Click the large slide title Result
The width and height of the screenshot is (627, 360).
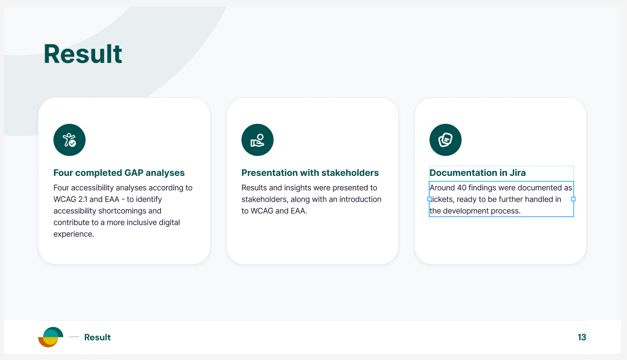pyautogui.click(x=83, y=54)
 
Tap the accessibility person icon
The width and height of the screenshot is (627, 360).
pyautogui.click(x=69, y=140)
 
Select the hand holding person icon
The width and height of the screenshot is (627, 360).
pyautogui.click(x=258, y=140)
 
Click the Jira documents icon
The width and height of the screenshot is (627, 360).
pyautogui.click(x=445, y=140)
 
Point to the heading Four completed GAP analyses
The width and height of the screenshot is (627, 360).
pyautogui.click(x=119, y=173)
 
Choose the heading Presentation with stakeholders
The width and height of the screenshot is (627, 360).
pyautogui.click(x=310, y=173)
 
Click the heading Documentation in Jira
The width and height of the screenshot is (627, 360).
pyautogui.click(x=478, y=173)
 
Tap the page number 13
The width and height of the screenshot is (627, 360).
pyautogui.click(x=582, y=337)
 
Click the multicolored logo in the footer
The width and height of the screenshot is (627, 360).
pyautogui.click(x=51, y=337)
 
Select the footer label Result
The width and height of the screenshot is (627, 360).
pyautogui.click(x=97, y=337)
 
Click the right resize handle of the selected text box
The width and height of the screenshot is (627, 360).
pyautogui.click(x=573, y=199)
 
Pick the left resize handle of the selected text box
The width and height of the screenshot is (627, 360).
pyautogui.click(x=430, y=199)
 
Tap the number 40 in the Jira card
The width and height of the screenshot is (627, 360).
pyautogui.click(x=461, y=188)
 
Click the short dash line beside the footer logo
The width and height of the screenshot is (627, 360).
pyautogui.click(x=74, y=337)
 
